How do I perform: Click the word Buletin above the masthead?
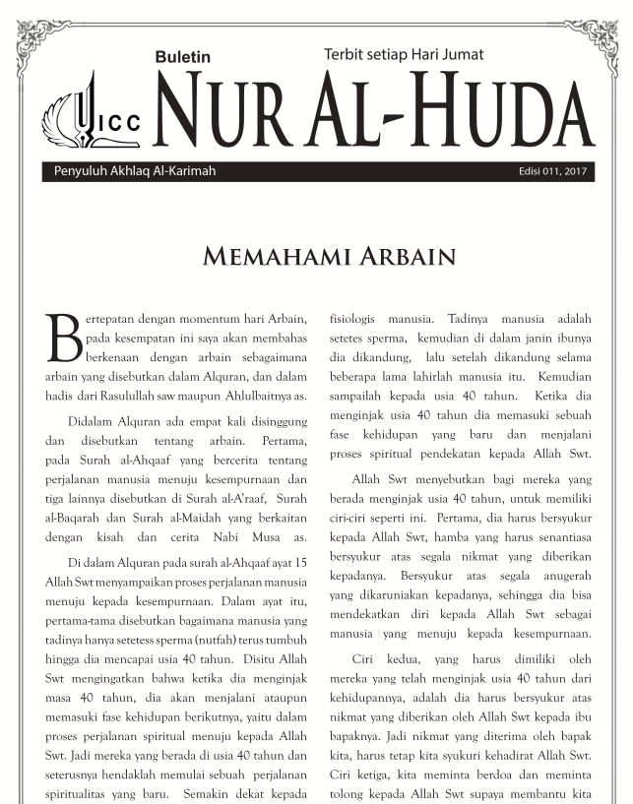click(183, 58)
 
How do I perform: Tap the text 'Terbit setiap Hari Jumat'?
click(404, 55)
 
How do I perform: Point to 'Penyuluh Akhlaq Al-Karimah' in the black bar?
click(129, 171)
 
